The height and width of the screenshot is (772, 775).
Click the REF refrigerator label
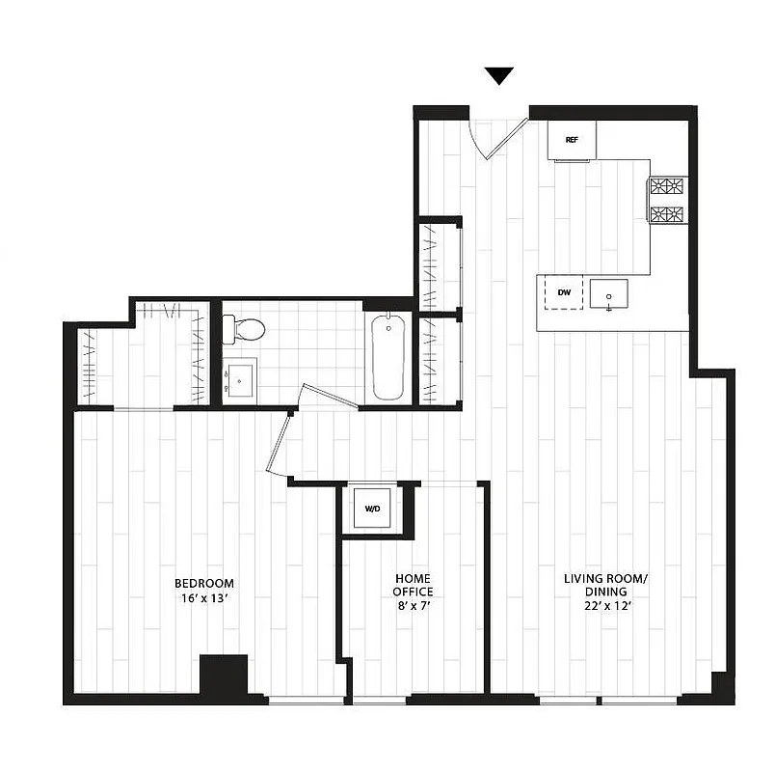(572, 140)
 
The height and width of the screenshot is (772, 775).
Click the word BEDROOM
(203, 583)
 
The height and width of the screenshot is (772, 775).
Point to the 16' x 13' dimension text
(203, 598)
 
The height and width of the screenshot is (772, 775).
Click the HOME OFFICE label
(413, 585)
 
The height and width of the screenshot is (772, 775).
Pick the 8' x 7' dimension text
(413, 606)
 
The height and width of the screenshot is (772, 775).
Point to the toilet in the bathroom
(245, 330)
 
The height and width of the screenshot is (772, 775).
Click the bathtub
(389, 354)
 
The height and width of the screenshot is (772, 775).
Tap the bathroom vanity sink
(240, 377)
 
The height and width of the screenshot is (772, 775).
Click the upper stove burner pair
(667, 186)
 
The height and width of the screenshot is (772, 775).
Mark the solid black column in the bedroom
(224, 675)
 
